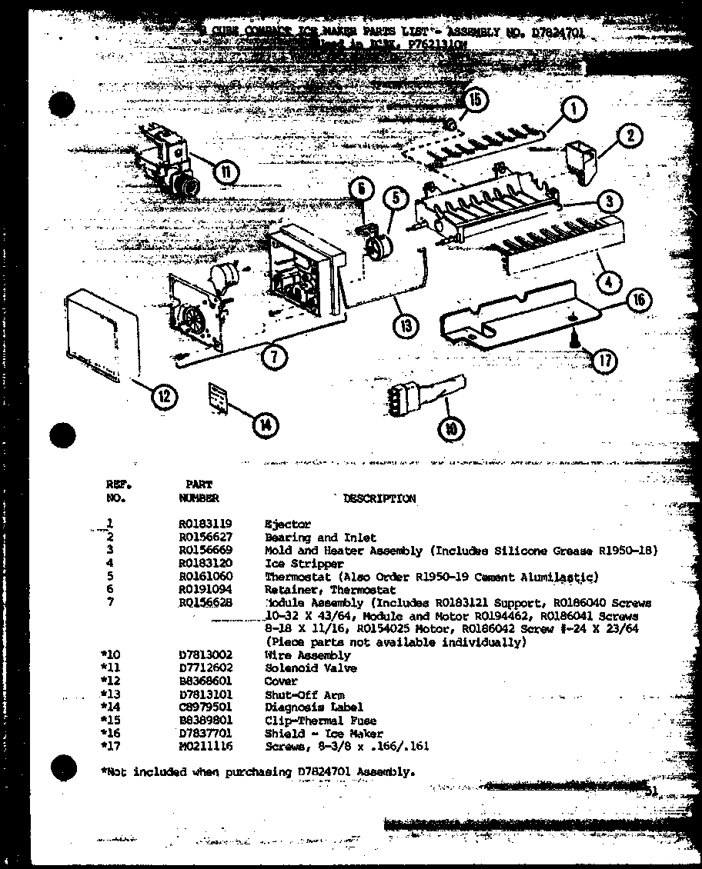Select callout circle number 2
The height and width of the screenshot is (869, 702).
[x=628, y=137]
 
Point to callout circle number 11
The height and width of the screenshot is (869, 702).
[x=225, y=171]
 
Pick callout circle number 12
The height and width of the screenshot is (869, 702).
[x=164, y=397]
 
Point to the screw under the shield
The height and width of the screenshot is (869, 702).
[x=575, y=336]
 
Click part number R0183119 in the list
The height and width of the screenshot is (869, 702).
[x=206, y=524]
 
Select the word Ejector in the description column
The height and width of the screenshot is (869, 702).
[x=288, y=524]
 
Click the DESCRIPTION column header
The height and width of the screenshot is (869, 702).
[x=379, y=498]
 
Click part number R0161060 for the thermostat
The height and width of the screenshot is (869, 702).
[x=206, y=577]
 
